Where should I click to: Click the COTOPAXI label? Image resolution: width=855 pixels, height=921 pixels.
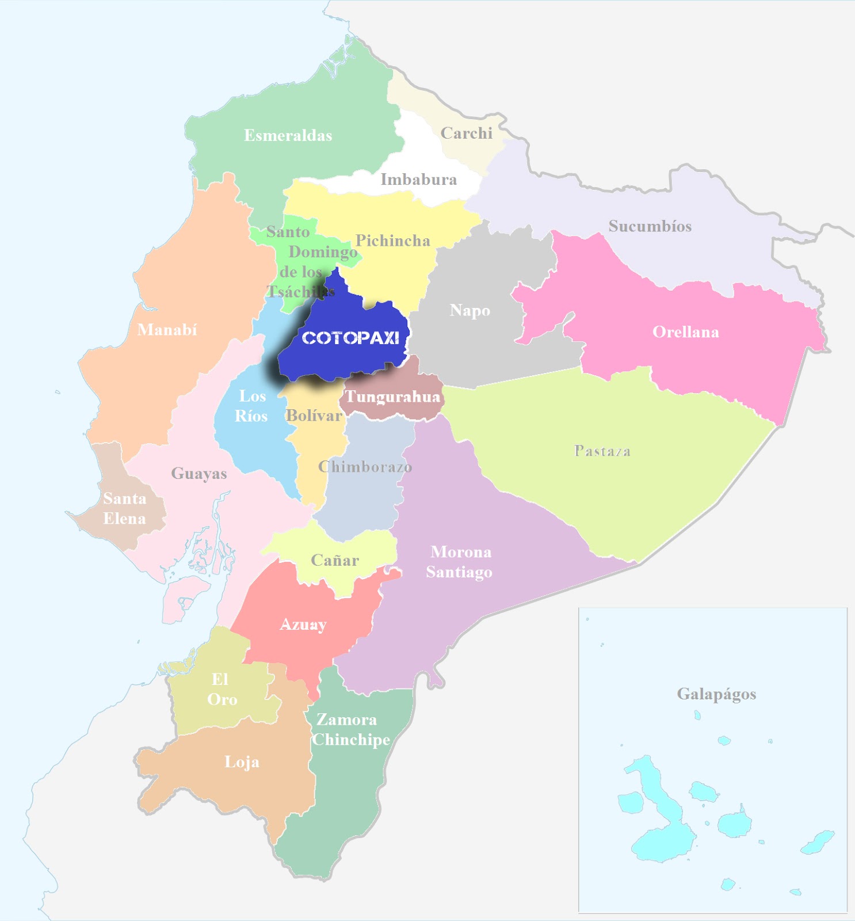pyautogui.click(x=350, y=338)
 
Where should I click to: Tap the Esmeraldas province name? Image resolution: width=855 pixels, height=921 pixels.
pyautogui.click(x=288, y=136)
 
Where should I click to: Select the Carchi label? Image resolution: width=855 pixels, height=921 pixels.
pyautogui.click(x=467, y=134)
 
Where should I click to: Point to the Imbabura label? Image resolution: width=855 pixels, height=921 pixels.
pyautogui.click(x=419, y=180)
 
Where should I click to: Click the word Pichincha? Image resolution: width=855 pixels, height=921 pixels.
pyautogui.click(x=393, y=241)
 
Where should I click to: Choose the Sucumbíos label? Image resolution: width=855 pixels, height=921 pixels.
pyautogui.click(x=650, y=226)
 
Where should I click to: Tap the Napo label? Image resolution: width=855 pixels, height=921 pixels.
pyautogui.click(x=470, y=311)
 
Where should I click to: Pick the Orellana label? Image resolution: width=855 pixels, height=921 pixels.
pyautogui.click(x=686, y=332)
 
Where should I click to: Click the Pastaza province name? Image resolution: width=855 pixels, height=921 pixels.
pyautogui.click(x=602, y=451)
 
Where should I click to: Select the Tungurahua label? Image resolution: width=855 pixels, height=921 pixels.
pyautogui.click(x=393, y=397)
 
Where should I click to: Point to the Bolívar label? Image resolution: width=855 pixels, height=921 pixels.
pyautogui.click(x=314, y=416)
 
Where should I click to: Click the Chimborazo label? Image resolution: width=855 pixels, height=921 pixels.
pyautogui.click(x=365, y=466)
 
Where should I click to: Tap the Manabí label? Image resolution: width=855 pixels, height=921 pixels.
pyautogui.click(x=167, y=330)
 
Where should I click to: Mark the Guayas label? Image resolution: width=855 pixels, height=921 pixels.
pyautogui.click(x=199, y=474)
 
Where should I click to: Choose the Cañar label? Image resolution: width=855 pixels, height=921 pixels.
pyautogui.click(x=335, y=560)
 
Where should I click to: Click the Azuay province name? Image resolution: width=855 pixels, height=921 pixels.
pyautogui.click(x=303, y=625)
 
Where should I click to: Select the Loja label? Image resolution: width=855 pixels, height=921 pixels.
pyautogui.click(x=242, y=762)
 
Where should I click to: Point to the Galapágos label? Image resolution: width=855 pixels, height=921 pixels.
pyautogui.click(x=716, y=694)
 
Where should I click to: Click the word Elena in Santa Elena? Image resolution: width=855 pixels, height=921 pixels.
pyautogui.click(x=125, y=519)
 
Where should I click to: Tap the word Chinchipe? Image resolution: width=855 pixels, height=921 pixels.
pyautogui.click(x=351, y=740)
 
